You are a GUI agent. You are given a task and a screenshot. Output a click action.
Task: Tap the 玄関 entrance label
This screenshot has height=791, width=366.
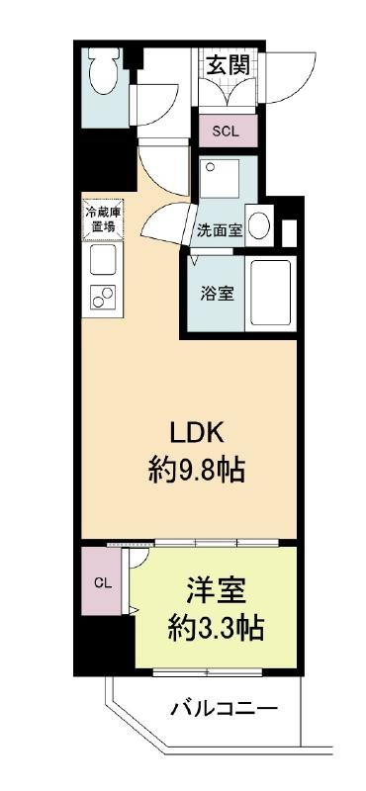[x=229, y=65]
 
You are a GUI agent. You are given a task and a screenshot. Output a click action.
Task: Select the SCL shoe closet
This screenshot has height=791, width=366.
[x=228, y=131]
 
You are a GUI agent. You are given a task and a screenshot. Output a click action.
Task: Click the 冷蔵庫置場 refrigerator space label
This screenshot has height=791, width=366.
[x=103, y=218]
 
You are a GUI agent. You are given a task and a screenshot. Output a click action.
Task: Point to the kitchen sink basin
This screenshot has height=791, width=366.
[x=103, y=259]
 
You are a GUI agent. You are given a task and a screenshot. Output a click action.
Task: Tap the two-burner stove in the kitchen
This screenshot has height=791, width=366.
[x=103, y=298]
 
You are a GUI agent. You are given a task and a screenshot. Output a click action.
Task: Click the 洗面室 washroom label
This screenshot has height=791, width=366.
[x=219, y=230]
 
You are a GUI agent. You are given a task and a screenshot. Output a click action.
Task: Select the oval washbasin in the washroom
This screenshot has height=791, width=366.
[x=260, y=225]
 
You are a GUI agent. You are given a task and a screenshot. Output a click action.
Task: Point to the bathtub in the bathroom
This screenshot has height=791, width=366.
[x=270, y=293]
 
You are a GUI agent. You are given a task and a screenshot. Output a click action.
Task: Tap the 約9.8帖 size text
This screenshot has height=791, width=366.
[x=197, y=472]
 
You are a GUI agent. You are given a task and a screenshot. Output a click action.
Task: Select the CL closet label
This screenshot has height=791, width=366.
[x=102, y=582]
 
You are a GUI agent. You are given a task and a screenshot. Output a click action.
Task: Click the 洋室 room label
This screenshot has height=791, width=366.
[x=215, y=591]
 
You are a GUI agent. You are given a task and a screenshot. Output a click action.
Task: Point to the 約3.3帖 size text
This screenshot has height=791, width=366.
[x=215, y=627]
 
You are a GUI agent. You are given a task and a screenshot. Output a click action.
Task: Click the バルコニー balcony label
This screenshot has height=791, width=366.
[x=224, y=710]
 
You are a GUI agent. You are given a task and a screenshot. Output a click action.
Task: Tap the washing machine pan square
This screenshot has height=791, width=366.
[x=219, y=180]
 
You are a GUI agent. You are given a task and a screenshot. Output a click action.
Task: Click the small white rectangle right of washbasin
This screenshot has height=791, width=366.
[x=289, y=233]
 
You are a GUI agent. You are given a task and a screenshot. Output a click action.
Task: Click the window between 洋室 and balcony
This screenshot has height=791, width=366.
[x=208, y=672]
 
